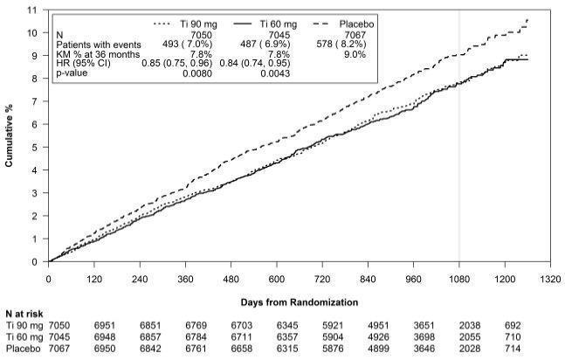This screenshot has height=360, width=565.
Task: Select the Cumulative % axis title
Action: point(9,137)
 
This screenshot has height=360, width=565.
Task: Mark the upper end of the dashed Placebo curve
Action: point(527,18)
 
